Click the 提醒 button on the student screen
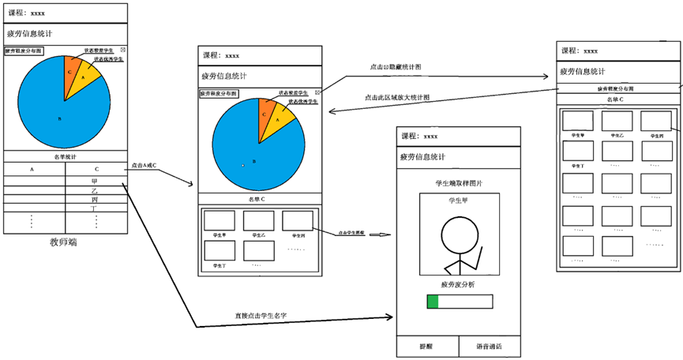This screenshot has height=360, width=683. (427, 347)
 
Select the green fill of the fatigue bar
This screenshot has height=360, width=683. (432, 302)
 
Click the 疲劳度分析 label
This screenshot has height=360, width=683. (458, 283)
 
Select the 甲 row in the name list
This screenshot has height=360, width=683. (96, 181)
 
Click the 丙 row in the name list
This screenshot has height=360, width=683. (96, 200)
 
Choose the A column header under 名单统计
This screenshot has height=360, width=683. (32, 169)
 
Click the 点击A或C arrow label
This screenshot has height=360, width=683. (144, 165)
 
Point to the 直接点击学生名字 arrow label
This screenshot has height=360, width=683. (261, 315)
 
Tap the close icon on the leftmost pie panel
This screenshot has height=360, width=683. (122, 51)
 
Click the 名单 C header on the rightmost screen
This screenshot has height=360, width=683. (617, 99)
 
